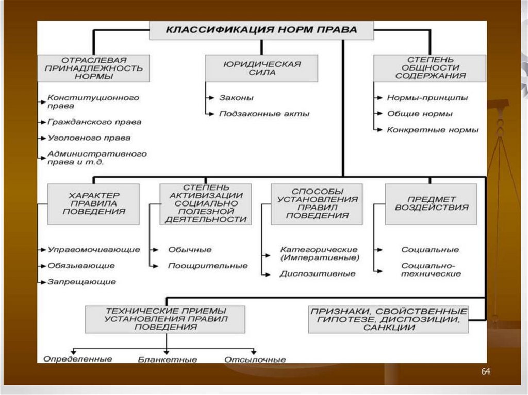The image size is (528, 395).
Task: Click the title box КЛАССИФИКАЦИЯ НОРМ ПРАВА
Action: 261,30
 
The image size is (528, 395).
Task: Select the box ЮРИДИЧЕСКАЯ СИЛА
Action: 261,68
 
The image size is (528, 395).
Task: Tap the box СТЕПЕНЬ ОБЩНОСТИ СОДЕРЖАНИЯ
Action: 430,68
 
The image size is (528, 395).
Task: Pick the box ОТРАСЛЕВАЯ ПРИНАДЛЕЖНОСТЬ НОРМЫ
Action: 94,68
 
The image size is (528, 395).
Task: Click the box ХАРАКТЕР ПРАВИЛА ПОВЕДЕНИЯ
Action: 93,204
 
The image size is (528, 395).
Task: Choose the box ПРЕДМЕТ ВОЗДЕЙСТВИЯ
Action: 431,204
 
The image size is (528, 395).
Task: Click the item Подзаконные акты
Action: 265,114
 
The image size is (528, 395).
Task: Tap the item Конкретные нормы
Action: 433,130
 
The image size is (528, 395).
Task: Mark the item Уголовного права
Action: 89,138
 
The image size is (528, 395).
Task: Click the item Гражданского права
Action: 94,122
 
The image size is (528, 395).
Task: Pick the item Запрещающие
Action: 81,282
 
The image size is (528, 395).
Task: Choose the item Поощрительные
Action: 208,266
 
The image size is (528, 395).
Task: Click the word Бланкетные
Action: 168,359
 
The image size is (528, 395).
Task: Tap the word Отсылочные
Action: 255,359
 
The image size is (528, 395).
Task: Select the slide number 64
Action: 486,372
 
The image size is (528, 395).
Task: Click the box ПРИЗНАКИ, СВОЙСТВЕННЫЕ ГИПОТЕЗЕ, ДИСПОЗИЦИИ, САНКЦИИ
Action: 389,320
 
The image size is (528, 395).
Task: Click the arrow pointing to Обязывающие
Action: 41,266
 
